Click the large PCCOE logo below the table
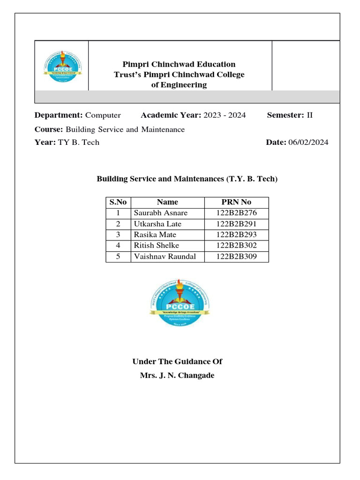[x=180, y=302]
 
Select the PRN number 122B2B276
[x=236, y=213]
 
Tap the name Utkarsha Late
[x=157, y=224]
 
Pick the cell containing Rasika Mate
[x=155, y=235]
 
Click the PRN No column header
[x=236, y=202]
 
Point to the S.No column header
[x=118, y=202]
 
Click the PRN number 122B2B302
[x=236, y=246]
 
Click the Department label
[x=59, y=115]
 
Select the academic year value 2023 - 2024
[x=225, y=115]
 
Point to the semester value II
[x=309, y=115]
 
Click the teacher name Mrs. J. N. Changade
[x=177, y=375]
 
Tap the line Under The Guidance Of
[x=177, y=361]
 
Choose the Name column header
[x=167, y=202]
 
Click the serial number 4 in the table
[x=118, y=246]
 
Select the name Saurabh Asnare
[x=161, y=213]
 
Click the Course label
[x=49, y=129]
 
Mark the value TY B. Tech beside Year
[x=79, y=142]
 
